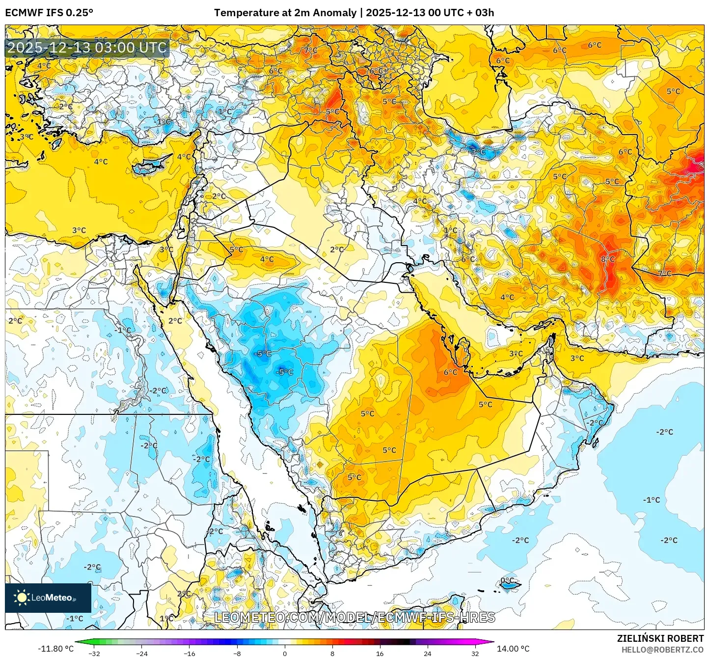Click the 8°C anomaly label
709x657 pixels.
click(x=608, y=259)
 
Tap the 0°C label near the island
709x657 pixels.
click(x=507, y=580)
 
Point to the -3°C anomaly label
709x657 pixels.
click(x=477, y=152)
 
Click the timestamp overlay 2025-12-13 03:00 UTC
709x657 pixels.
click(x=87, y=48)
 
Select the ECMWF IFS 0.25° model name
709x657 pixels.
click(x=49, y=13)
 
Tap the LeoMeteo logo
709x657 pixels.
click(x=48, y=598)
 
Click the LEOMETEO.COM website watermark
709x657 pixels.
click(x=354, y=617)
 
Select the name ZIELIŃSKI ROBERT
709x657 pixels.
click(x=660, y=638)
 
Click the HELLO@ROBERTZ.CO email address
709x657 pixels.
click(x=662, y=650)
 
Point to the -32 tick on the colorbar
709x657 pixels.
click(x=94, y=653)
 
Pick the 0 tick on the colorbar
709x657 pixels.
click(x=285, y=653)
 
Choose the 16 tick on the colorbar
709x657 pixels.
click(x=380, y=653)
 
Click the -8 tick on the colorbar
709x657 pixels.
click(x=237, y=653)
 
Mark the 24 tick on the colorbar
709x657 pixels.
click(x=427, y=653)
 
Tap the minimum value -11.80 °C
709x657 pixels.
click(x=55, y=649)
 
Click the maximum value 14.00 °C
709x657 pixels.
click(x=513, y=649)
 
